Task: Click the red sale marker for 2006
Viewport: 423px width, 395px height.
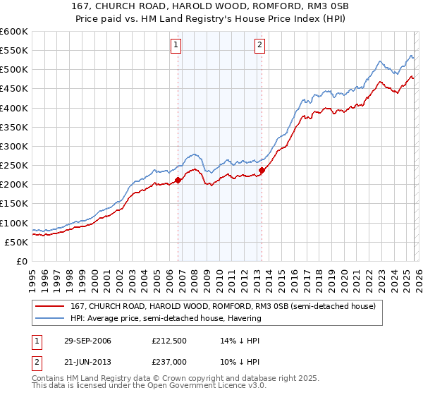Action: (x=178, y=180)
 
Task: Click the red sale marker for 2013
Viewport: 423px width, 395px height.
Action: (x=262, y=170)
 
